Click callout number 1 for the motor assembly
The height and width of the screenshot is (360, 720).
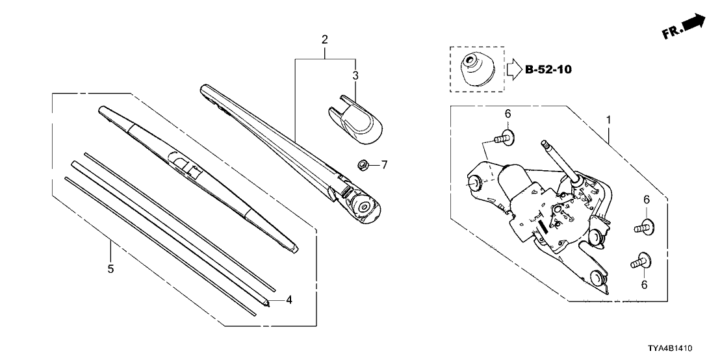(x=609, y=121)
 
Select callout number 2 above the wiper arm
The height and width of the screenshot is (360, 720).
(x=324, y=40)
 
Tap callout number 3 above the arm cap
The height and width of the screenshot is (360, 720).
(x=355, y=76)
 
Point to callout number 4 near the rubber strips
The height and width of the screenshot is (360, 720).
(x=289, y=300)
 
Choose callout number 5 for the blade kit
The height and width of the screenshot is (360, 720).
(x=110, y=268)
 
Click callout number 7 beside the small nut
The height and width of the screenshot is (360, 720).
(x=384, y=165)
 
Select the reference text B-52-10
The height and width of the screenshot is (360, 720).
(x=548, y=69)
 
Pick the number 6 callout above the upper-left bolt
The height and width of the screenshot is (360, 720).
(x=508, y=114)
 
